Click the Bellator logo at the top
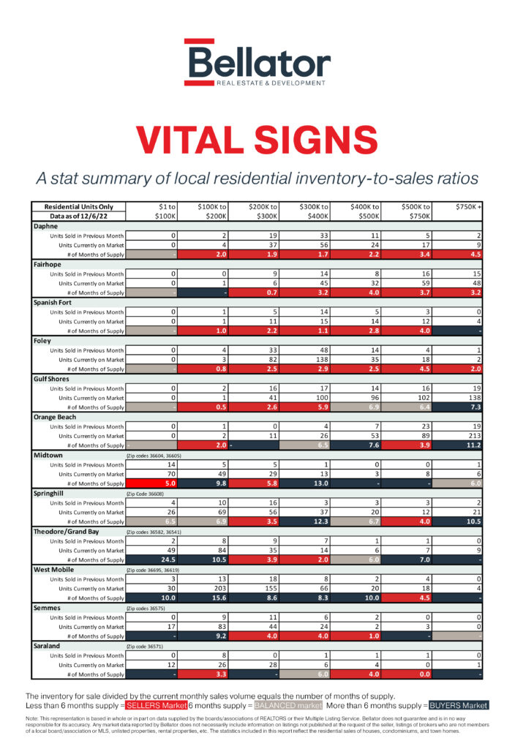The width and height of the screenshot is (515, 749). click(x=257, y=64)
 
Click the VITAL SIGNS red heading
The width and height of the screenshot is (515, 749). click(x=257, y=139)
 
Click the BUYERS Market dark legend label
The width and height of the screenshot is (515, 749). click(x=457, y=705)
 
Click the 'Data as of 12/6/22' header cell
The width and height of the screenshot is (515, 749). click(x=78, y=217)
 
